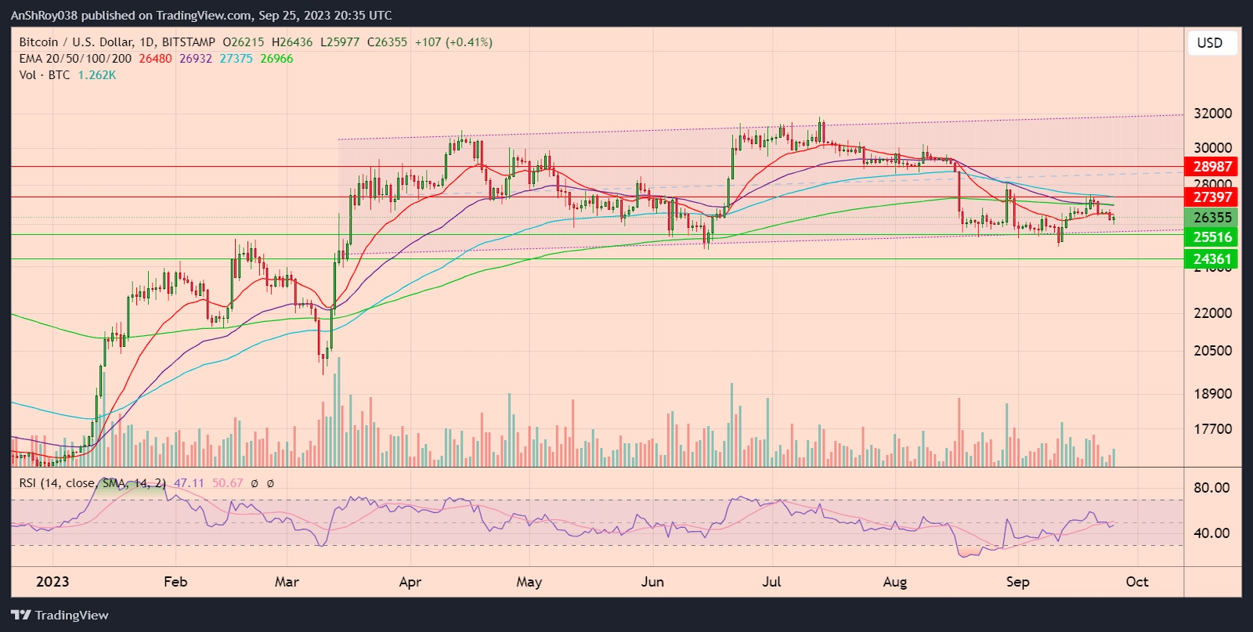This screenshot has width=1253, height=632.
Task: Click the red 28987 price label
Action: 1212,166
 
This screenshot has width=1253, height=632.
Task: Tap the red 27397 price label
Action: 1212,197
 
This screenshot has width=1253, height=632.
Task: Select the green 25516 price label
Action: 1212,237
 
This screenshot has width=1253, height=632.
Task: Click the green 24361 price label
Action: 1212,259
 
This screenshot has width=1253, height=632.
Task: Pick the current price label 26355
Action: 1212,218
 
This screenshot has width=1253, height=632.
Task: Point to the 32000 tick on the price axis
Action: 1212,114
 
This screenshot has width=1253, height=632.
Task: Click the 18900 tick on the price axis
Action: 1212,394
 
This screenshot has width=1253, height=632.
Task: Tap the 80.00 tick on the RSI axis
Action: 1211,487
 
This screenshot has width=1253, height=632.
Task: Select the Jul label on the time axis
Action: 772,582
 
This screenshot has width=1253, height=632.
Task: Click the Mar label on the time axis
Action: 287,582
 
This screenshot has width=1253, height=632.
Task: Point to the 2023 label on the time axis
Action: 52,582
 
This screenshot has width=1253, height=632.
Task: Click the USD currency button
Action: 1209,43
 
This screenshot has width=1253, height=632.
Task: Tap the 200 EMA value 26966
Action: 276,59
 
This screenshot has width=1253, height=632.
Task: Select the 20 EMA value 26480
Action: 155,59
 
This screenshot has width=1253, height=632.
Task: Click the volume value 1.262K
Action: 97,75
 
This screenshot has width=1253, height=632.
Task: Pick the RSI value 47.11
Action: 189,483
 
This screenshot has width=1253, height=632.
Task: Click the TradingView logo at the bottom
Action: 60,615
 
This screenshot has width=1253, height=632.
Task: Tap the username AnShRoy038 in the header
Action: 44,15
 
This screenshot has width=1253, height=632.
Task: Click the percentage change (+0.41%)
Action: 469,42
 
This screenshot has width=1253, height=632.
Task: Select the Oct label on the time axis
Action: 1136,582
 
